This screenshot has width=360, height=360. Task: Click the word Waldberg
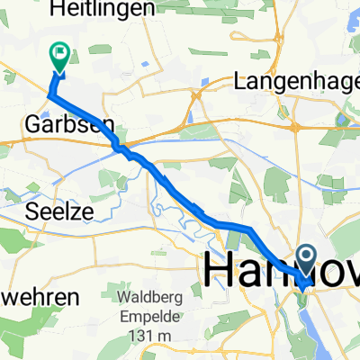pos(149,296)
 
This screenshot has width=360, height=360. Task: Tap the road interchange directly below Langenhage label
pos(294,126)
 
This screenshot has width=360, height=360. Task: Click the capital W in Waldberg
pos(123,296)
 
